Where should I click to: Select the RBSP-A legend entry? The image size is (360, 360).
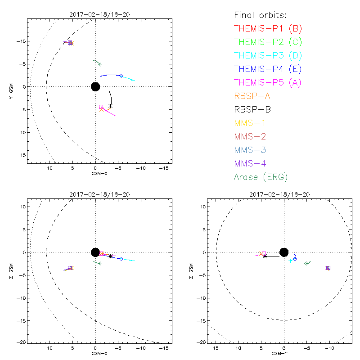click(252, 96)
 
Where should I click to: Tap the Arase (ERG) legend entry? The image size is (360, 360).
click(261, 177)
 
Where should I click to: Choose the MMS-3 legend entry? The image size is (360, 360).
click(251, 150)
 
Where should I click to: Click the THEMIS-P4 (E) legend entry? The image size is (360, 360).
click(268, 69)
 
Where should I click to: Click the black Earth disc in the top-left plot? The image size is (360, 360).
click(95, 86)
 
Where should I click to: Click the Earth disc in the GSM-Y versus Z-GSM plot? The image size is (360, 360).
click(283, 252)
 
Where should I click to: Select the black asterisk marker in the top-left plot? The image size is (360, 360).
click(110, 106)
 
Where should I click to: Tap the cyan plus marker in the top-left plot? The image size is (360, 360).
click(133, 80)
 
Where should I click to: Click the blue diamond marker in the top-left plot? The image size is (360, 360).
click(121, 76)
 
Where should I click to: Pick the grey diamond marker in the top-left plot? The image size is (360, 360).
click(100, 64)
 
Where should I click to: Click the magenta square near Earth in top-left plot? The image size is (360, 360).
click(101, 107)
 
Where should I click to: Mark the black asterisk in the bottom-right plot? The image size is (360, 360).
click(265, 256)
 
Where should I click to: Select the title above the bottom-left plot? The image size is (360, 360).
click(95, 194)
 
